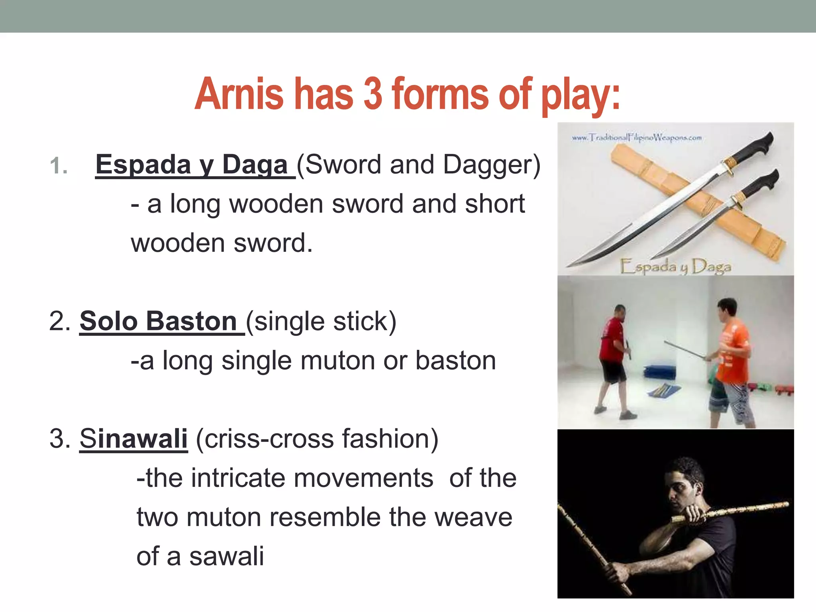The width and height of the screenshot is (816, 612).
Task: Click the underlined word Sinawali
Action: (x=133, y=438)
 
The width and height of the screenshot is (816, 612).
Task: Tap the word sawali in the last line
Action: (x=226, y=556)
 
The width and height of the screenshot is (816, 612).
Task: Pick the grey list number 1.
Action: (x=59, y=166)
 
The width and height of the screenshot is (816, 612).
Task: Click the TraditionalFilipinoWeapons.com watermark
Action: (x=637, y=138)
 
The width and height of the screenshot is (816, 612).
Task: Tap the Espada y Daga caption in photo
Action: (x=676, y=267)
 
